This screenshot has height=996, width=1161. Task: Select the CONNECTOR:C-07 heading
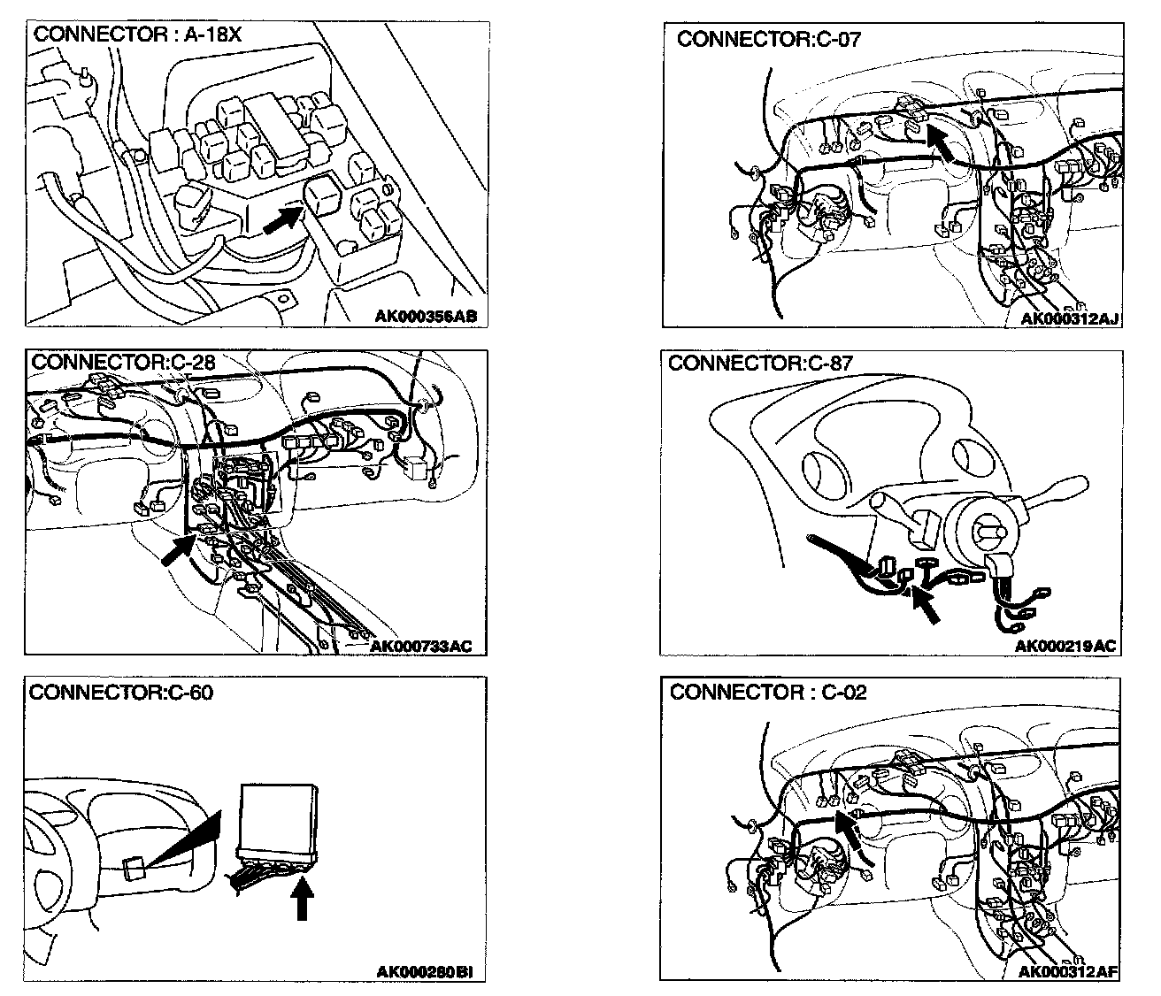(768, 39)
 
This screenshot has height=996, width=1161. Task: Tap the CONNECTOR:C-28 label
(123, 363)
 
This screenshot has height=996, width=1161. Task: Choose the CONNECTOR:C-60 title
(121, 692)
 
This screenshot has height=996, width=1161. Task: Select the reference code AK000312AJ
(1070, 318)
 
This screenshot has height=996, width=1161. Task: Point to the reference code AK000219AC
(1065, 647)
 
